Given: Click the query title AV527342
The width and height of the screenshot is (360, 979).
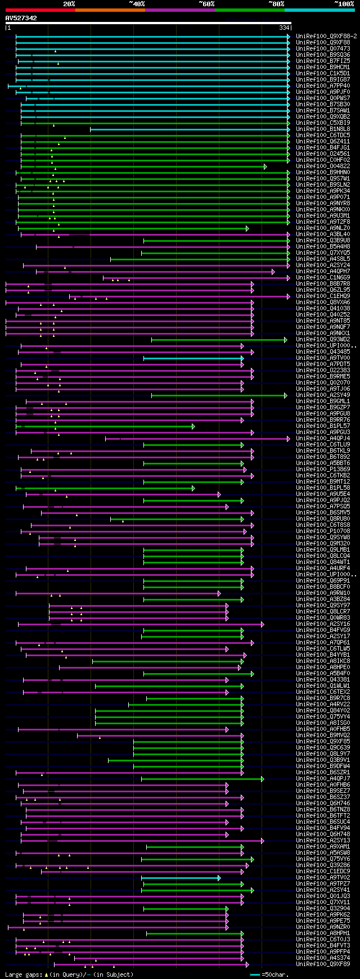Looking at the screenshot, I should (x=21, y=18).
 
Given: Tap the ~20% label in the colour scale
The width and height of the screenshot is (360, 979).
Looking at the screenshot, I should (x=69, y=3).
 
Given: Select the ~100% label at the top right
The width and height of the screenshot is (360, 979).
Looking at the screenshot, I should (x=344, y=3).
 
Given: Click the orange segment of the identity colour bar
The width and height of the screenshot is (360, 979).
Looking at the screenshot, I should (x=110, y=10).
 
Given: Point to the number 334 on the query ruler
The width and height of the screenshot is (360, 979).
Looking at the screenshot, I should (x=284, y=28).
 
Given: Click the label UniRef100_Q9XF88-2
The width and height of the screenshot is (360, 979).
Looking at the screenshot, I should (x=326, y=36).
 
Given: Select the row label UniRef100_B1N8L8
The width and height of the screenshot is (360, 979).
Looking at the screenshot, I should (x=323, y=129).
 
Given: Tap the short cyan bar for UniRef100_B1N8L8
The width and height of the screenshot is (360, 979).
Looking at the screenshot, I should (x=189, y=129).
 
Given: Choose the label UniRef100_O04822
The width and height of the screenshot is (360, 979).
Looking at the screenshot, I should (x=323, y=166).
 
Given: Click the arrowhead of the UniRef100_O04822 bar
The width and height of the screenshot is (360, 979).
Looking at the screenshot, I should (x=265, y=166).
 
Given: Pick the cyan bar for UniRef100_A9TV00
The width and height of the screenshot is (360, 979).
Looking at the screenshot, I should (x=192, y=358).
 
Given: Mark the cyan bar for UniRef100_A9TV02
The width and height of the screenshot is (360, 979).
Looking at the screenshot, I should (x=180, y=878).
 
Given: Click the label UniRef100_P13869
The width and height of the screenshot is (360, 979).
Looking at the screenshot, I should (x=323, y=470).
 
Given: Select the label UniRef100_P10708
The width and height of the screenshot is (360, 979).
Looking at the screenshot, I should (x=323, y=531).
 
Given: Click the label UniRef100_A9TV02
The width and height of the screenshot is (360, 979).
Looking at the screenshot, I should (x=323, y=877).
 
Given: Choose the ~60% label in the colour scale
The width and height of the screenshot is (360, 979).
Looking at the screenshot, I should (x=206, y=3).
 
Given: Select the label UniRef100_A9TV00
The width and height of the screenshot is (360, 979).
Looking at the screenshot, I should (x=323, y=358).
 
